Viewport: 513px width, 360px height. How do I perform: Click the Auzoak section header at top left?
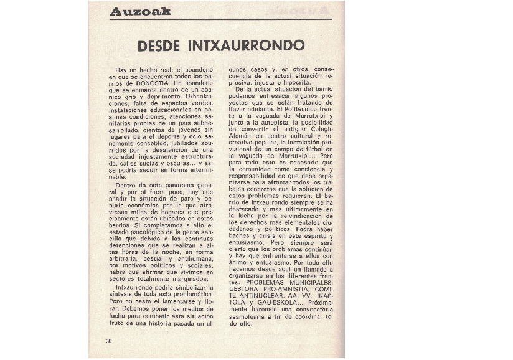point(140,11)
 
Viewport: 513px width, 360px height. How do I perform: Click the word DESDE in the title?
point(158,46)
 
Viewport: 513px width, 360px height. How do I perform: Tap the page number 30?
point(108,341)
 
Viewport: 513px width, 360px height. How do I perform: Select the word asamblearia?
point(250,318)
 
